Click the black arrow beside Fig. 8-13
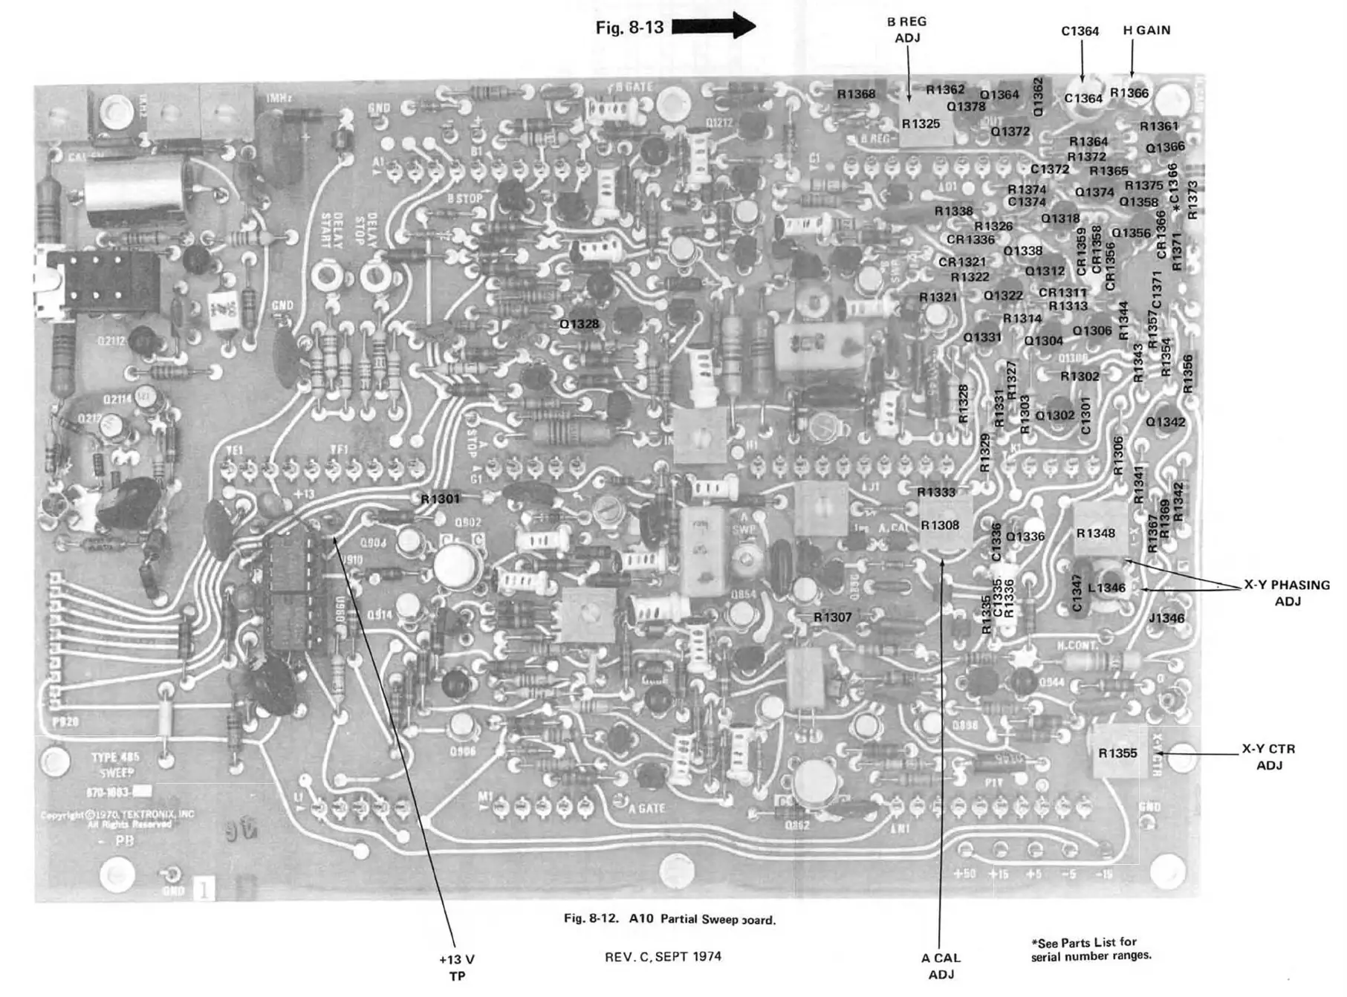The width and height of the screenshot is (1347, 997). pos(713,26)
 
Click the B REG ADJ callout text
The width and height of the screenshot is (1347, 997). pos(906,30)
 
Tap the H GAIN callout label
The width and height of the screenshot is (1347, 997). pos(1146,30)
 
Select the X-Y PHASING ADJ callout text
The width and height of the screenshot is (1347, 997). pos(1287,593)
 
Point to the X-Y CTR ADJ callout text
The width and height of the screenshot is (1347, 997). pos(1268,756)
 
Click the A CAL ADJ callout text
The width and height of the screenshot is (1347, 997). pos(941,966)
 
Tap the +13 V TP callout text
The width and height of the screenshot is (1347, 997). pos(456,967)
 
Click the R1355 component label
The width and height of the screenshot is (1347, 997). pos(1117,753)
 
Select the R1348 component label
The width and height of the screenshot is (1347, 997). pos(1095,533)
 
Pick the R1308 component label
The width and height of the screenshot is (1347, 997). pos(940,525)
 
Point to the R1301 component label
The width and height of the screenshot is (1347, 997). pos(440,498)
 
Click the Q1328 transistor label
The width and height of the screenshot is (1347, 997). pos(579,324)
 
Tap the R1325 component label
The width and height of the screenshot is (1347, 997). pos(921,124)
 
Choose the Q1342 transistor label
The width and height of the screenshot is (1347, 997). pos(1165,422)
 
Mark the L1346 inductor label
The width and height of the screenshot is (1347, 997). pos(1106,588)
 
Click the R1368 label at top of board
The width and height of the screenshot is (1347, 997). pos(856,94)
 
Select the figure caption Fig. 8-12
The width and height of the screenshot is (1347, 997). pos(669,919)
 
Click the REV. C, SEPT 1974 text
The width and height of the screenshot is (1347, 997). pos(663,956)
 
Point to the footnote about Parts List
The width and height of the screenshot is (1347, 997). pos(1091,949)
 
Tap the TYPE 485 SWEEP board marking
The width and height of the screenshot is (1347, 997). pos(115,764)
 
